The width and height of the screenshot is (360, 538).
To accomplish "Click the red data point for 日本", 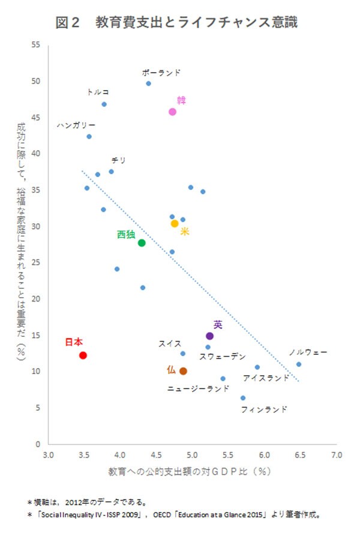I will (83, 355).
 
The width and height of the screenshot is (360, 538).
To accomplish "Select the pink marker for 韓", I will (172, 112).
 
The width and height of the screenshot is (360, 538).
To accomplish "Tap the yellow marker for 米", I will (175, 223).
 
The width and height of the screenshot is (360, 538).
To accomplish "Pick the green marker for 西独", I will (142, 243).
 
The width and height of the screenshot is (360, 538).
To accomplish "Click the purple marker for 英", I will (209, 336).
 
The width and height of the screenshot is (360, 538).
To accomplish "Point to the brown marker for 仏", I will (183, 371).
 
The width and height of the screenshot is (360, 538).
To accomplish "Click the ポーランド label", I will (161, 72).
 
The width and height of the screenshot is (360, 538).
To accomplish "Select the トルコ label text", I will (98, 92).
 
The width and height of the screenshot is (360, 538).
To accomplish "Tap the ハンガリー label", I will (76, 125).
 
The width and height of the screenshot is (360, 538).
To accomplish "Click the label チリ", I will (118, 160).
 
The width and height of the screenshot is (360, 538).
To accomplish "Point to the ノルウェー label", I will (308, 352).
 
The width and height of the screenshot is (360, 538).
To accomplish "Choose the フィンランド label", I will (263, 410).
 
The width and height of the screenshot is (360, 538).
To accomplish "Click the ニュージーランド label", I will (198, 388).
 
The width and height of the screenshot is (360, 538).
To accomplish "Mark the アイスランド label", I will (266, 378).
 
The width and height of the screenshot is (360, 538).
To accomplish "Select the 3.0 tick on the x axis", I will (49, 455).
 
